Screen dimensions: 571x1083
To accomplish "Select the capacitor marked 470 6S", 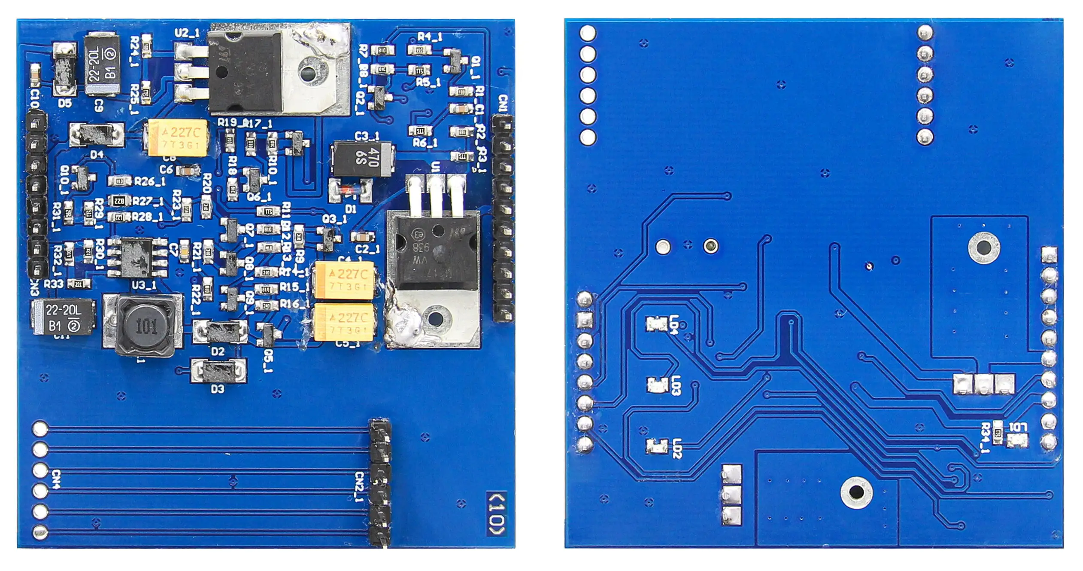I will [x=363, y=159].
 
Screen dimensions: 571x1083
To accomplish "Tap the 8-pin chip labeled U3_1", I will [x=137, y=258].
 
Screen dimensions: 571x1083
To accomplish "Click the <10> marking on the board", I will [x=497, y=514].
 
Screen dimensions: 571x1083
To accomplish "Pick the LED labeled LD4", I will [x=656, y=324].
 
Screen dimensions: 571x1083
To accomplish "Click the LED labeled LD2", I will [x=656, y=446].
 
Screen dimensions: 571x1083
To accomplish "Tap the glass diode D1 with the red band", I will [x=349, y=190].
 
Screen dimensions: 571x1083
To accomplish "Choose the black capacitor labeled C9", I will [x=101, y=64].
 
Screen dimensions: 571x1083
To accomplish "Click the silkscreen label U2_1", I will [x=187, y=34].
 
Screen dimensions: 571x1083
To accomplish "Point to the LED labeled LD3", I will [x=656, y=385].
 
